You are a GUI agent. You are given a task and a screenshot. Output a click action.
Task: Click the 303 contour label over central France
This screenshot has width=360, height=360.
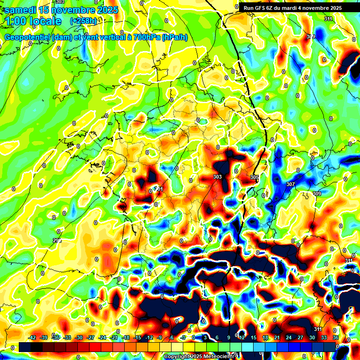(217, 177)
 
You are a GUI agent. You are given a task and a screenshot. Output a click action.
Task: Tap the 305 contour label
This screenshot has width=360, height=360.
(255, 177)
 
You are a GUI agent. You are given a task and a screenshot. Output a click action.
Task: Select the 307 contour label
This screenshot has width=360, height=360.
(291, 184)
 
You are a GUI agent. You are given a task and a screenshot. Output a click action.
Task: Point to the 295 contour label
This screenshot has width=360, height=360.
(57, 240)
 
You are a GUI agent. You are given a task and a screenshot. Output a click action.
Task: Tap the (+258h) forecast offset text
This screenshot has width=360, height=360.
(83, 21)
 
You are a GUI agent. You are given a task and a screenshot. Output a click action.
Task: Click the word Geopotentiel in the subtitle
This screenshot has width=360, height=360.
(28, 37)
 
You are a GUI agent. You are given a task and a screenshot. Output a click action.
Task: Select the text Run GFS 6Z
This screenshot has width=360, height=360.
(260, 8)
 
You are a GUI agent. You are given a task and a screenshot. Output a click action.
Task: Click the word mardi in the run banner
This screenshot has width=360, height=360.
(292, 8)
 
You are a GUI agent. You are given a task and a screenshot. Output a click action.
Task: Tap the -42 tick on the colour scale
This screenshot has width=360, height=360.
(32, 337)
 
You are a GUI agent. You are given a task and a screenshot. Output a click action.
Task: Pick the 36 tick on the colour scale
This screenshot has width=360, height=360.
(336, 337)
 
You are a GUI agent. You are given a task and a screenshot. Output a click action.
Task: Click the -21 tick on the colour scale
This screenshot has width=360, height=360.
(114, 337)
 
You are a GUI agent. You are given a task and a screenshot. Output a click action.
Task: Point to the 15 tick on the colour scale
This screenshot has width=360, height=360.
(253, 337)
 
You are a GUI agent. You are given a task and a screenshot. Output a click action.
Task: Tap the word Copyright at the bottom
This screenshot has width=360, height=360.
(178, 357)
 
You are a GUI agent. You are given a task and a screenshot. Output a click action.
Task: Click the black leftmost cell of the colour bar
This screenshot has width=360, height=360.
(25, 347)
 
